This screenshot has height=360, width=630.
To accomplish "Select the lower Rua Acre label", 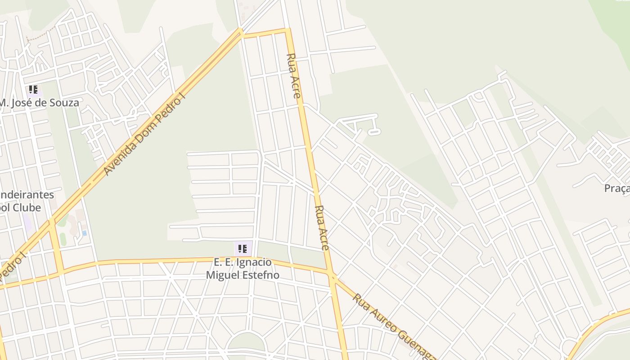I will pos(322,228).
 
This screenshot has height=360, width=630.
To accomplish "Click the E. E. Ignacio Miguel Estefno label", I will pos(243,268).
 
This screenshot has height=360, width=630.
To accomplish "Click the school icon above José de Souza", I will pos(33,90).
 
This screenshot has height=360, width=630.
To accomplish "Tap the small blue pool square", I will pos(85,233).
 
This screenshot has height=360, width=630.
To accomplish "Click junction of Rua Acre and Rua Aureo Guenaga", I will pos(332,274).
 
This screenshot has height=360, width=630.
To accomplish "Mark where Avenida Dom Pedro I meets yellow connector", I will pos(52,221).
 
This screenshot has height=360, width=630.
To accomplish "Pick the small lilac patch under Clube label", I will pos(27,223).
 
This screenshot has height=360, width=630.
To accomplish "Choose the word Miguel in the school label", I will pos(222,274).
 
